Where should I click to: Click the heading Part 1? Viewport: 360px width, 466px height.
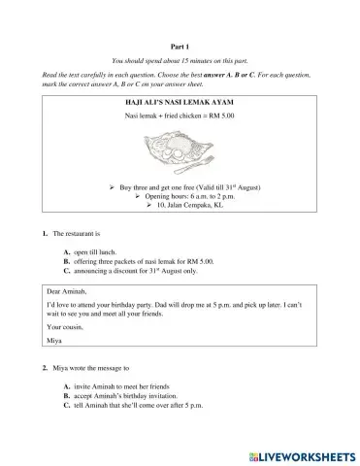(180, 45)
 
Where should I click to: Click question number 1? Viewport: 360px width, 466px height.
(45, 235)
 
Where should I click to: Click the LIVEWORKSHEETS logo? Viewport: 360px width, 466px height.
(303, 453)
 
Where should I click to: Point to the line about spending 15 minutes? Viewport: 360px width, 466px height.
(180, 61)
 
